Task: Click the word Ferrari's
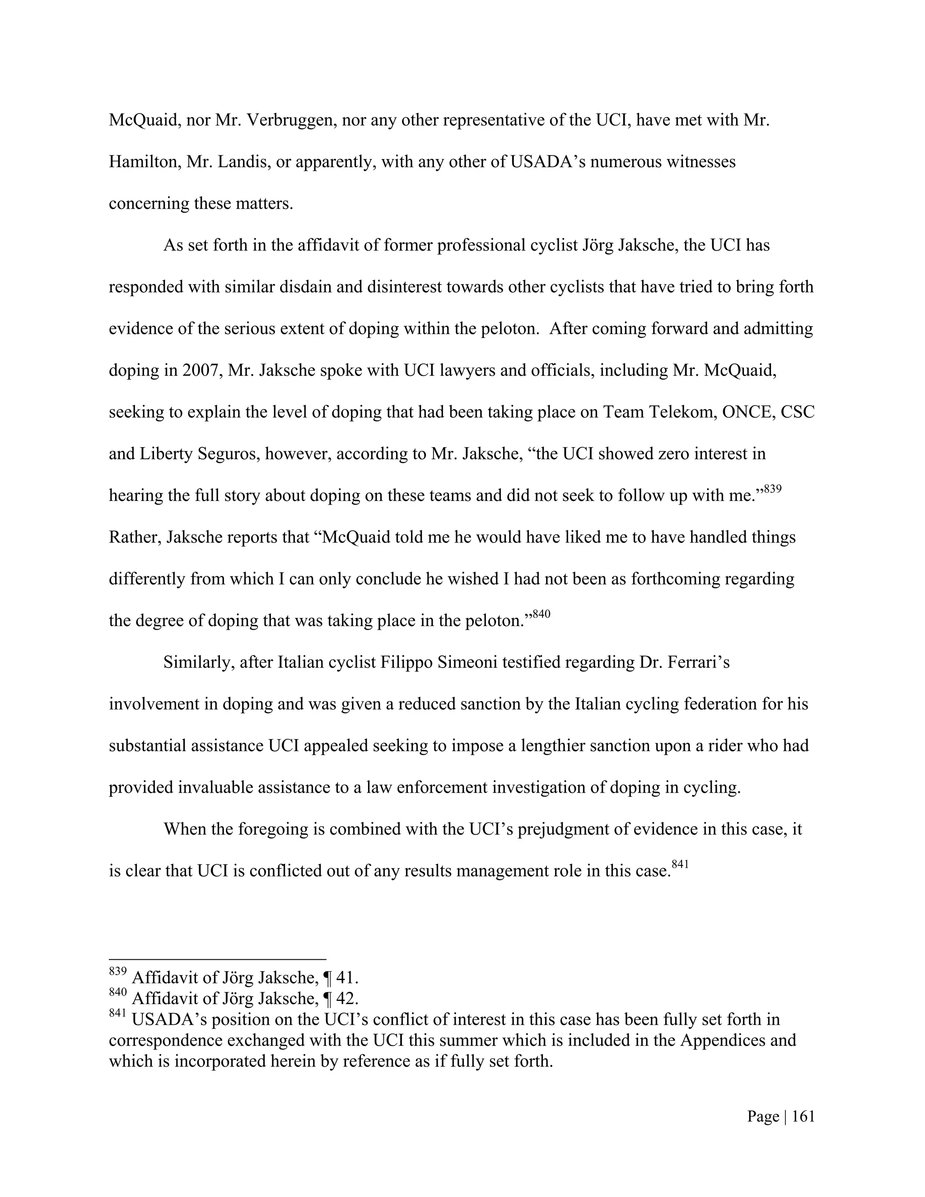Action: [x=697, y=663]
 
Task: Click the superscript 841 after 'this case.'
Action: [x=680, y=864]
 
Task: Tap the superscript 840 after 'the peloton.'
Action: [x=542, y=614]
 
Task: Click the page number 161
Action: [x=804, y=1117]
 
